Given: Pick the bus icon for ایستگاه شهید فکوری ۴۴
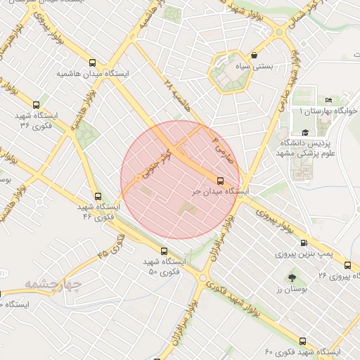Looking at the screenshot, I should coord(98,197).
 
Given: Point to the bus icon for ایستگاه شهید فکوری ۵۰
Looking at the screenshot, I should coord(165,251).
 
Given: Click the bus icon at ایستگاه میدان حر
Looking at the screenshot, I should coord(221,180).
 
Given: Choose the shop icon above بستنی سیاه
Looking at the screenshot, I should coord(254,55).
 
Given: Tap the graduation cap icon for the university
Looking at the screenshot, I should coord(304,132).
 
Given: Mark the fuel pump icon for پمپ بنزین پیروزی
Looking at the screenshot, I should coord(304,243).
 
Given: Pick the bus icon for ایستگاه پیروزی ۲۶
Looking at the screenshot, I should coord(347,266).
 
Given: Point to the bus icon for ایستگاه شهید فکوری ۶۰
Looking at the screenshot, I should coord(303,340).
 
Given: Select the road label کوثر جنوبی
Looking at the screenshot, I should coord(157,157).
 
